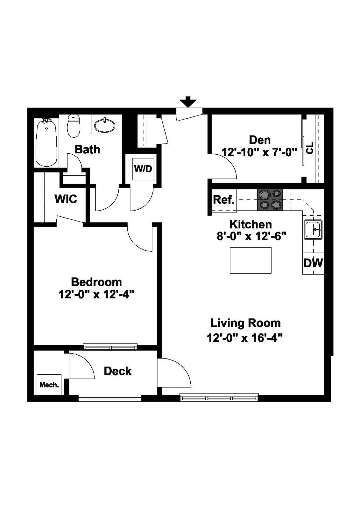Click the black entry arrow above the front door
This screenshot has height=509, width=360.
click(x=188, y=102)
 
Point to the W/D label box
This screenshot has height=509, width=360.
click(x=143, y=169)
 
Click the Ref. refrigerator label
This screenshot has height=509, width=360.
click(x=223, y=200)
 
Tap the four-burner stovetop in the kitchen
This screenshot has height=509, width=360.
click(x=270, y=200)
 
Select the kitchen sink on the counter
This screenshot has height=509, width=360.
click(x=313, y=229)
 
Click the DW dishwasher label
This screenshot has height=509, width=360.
click(x=313, y=263)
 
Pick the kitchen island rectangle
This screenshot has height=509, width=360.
click(x=251, y=260)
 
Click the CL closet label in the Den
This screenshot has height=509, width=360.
click(x=310, y=148)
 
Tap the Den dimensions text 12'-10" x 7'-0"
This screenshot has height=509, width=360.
click(x=259, y=152)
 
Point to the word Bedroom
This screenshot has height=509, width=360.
click(x=96, y=282)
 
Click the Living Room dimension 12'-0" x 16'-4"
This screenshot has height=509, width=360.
click(x=244, y=338)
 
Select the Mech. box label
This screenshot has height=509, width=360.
click(x=49, y=385)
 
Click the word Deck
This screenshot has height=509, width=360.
click(x=117, y=371)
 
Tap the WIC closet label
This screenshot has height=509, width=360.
click(x=66, y=199)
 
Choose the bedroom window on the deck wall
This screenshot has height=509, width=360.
click(x=110, y=347)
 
